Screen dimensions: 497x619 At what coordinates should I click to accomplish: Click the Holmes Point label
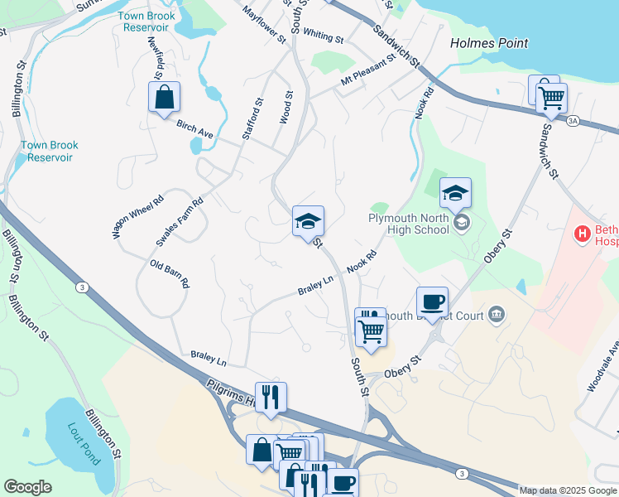pos(488,43)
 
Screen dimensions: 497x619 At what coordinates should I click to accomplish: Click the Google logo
pos(27,488)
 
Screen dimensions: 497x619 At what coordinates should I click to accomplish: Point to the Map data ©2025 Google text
pos(567,490)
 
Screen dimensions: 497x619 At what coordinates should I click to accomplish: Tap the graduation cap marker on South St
pos(308,221)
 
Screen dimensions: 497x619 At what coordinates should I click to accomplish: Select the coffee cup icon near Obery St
pos(432,302)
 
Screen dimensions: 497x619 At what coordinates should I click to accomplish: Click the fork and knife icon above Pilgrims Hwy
pos(270,397)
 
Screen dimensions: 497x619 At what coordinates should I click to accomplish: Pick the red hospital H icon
pos(583,234)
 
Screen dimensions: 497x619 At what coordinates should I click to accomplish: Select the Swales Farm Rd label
pos(180,222)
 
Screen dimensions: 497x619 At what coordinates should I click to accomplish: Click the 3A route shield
pos(573,121)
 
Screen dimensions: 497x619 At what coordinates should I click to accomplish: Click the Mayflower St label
pos(264,24)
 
